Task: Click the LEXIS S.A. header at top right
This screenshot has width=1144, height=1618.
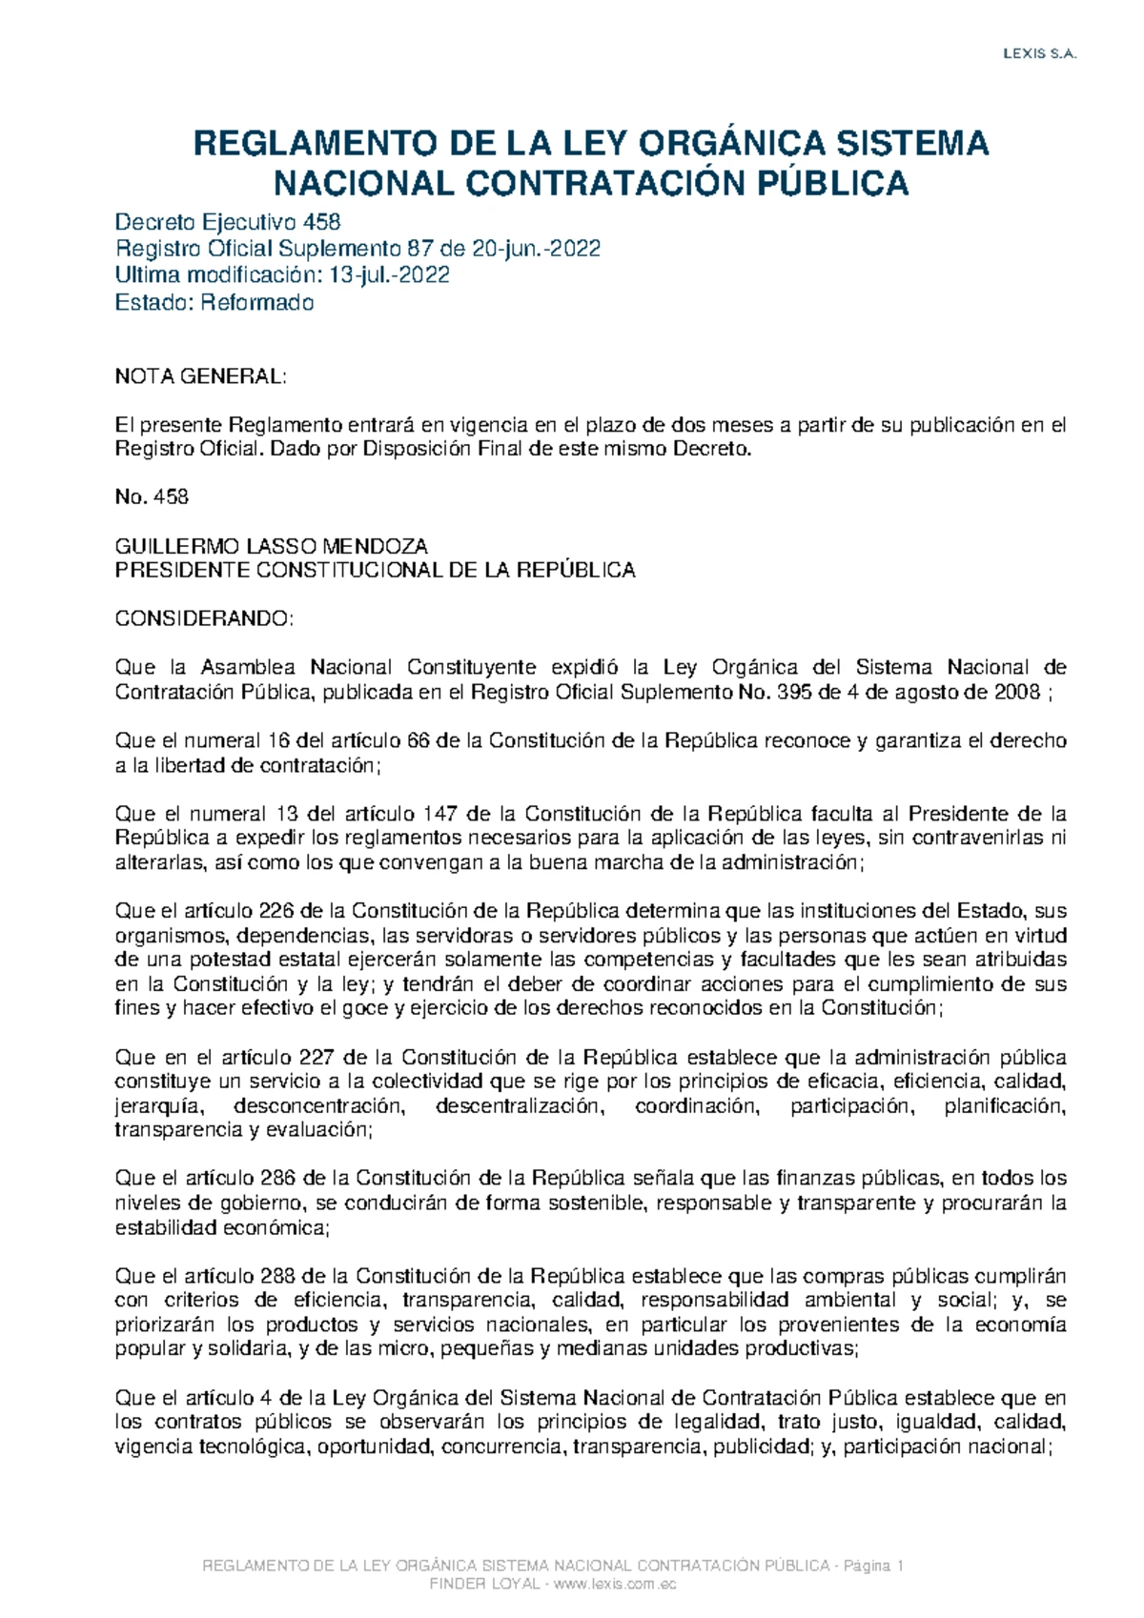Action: [1039, 54]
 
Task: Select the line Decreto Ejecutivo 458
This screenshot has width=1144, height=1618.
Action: [227, 223]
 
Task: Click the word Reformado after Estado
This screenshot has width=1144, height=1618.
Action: [256, 303]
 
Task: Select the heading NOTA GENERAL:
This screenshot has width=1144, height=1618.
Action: [200, 376]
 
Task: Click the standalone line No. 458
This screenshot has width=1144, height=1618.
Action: [152, 496]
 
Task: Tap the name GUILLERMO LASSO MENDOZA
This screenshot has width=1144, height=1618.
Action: [271, 546]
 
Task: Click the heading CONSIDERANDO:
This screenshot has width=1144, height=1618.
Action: [205, 619]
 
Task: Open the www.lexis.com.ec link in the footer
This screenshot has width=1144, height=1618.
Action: [615, 1584]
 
